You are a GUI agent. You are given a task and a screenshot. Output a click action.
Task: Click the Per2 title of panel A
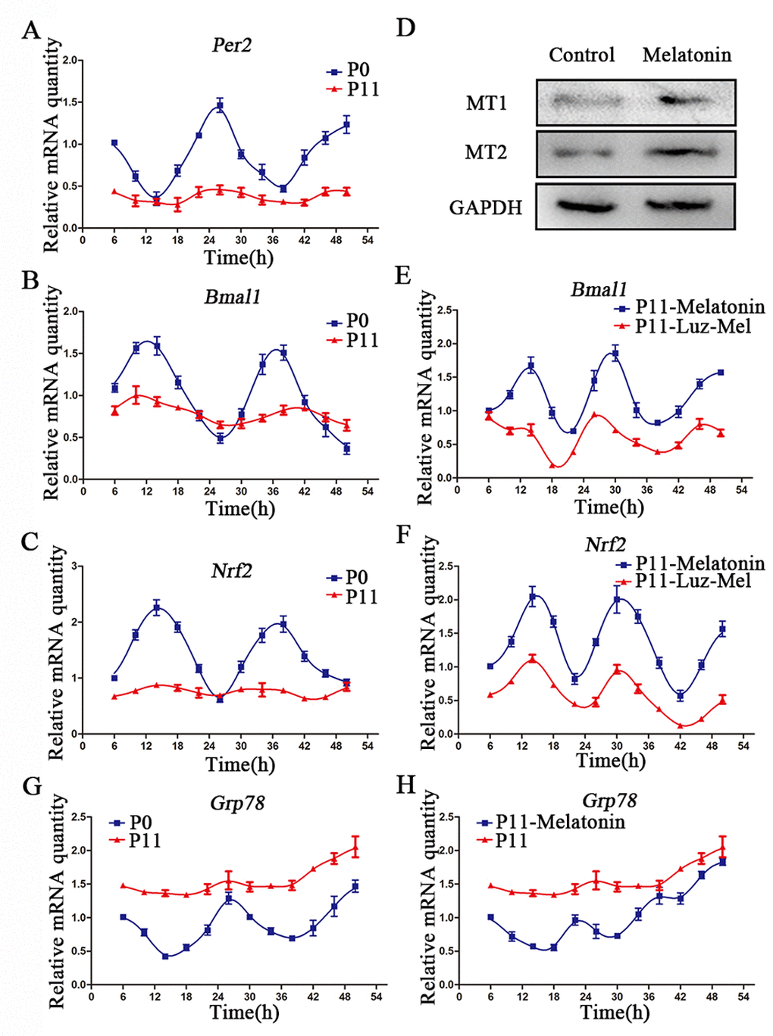coord(231,45)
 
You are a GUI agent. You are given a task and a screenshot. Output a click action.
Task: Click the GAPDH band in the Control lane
coord(584,204)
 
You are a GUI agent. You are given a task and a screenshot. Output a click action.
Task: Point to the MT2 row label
coord(486,153)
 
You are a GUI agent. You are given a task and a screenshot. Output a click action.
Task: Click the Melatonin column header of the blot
coord(687,55)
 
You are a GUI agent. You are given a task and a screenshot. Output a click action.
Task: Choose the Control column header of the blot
coord(581,55)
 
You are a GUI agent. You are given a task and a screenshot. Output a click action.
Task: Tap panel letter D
coord(405,29)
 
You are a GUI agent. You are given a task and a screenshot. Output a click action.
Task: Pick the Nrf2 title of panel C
coord(231,571)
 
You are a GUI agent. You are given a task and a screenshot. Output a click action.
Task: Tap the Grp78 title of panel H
coord(609,800)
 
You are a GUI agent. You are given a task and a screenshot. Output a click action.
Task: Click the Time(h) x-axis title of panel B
coord(240,509)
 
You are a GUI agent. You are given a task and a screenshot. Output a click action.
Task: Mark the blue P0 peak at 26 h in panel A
coord(220,106)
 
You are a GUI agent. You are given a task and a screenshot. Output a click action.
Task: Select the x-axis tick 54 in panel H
coord(743,997)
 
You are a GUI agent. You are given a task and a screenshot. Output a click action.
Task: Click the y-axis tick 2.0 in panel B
coord(71,311)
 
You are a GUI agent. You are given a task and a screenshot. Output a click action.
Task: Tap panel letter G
coord(31,786)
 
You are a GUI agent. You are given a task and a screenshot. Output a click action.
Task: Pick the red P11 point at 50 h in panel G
coord(355,847)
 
